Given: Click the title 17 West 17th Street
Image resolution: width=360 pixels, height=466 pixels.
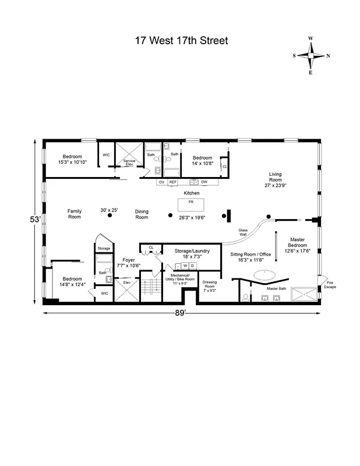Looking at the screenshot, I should [181, 40].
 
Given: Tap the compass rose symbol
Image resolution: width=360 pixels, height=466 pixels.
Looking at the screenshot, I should [310, 56].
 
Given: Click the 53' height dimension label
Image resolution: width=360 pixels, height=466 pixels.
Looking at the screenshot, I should [36, 220].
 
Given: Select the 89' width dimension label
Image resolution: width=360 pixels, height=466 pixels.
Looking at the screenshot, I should [181, 313].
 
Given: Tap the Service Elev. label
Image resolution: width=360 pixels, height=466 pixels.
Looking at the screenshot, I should [129, 163].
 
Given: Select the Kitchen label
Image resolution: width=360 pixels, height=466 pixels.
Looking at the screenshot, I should [192, 193].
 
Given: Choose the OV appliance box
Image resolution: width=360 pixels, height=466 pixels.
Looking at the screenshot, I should [161, 182].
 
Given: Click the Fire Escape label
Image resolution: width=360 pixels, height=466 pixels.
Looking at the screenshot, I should [330, 285].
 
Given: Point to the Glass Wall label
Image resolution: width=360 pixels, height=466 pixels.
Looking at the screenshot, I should [243, 232].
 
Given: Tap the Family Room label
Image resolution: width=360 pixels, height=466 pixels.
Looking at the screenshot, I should [74, 214].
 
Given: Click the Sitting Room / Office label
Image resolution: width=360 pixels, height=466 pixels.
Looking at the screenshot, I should [251, 257].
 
